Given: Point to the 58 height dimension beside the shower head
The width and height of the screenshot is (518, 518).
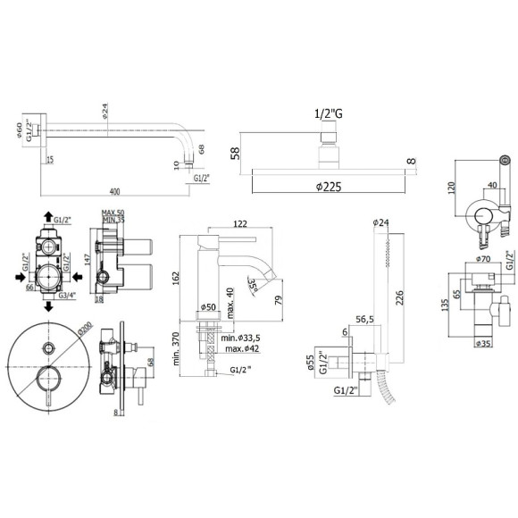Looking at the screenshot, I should [x=235, y=154].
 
